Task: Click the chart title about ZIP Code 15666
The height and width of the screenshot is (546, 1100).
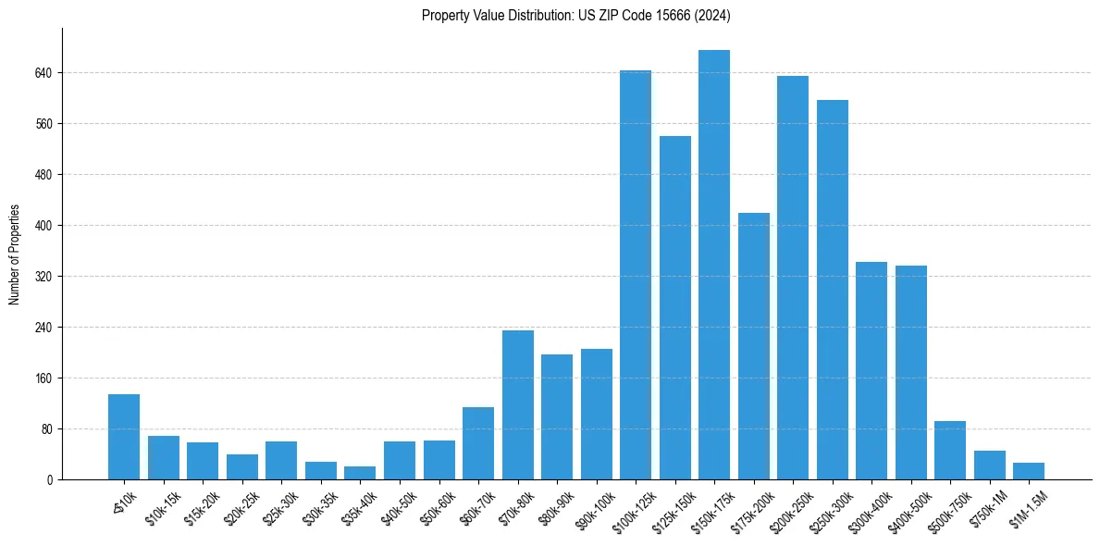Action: (x=576, y=15)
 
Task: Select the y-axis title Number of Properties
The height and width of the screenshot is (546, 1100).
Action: (x=15, y=254)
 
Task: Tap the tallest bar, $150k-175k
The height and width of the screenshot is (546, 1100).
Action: (x=714, y=265)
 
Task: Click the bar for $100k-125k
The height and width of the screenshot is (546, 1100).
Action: (x=636, y=275)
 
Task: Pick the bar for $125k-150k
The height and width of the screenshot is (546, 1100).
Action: (x=674, y=307)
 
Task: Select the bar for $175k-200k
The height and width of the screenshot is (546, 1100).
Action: (x=753, y=346)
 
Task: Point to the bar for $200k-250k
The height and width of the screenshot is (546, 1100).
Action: (x=793, y=278)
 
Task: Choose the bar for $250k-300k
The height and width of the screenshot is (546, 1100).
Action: (x=832, y=290)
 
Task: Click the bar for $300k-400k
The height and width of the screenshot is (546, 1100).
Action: (x=871, y=370)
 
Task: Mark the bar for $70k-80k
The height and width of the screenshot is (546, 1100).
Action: (x=517, y=404)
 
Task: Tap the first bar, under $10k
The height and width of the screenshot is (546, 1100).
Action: (x=124, y=437)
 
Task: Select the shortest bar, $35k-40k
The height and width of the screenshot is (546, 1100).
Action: (x=360, y=473)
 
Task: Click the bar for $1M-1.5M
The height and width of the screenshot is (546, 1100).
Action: (x=1029, y=471)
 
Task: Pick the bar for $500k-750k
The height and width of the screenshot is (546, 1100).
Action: (x=950, y=450)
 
